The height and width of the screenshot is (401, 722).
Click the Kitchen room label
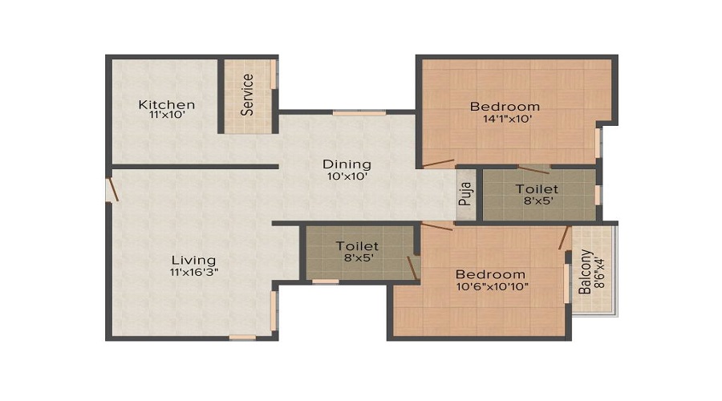coord(166,104)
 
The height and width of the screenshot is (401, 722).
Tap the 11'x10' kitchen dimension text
coord(166,115)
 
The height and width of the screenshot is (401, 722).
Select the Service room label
coord(248,95)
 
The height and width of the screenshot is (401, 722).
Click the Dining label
coord(347,164)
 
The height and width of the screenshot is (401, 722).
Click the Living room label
coord(194,260)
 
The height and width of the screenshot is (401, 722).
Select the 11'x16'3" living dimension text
coord(194,271)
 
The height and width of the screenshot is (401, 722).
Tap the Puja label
coord(466,196)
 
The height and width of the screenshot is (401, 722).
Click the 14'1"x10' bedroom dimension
coord(505,119)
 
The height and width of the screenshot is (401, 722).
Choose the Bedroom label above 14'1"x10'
coord(505,107)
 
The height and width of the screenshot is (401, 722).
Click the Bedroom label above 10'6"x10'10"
coord(491,274)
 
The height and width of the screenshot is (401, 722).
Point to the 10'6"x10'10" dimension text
coord(491,286)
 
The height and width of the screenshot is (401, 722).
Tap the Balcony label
coord(586,273)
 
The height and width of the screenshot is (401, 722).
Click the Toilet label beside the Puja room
coord(537,190)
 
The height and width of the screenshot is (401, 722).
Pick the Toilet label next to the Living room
coord(357,245)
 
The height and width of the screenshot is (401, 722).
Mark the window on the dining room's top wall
coord(348,113)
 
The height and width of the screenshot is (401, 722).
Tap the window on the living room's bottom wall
coord(242,337)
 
